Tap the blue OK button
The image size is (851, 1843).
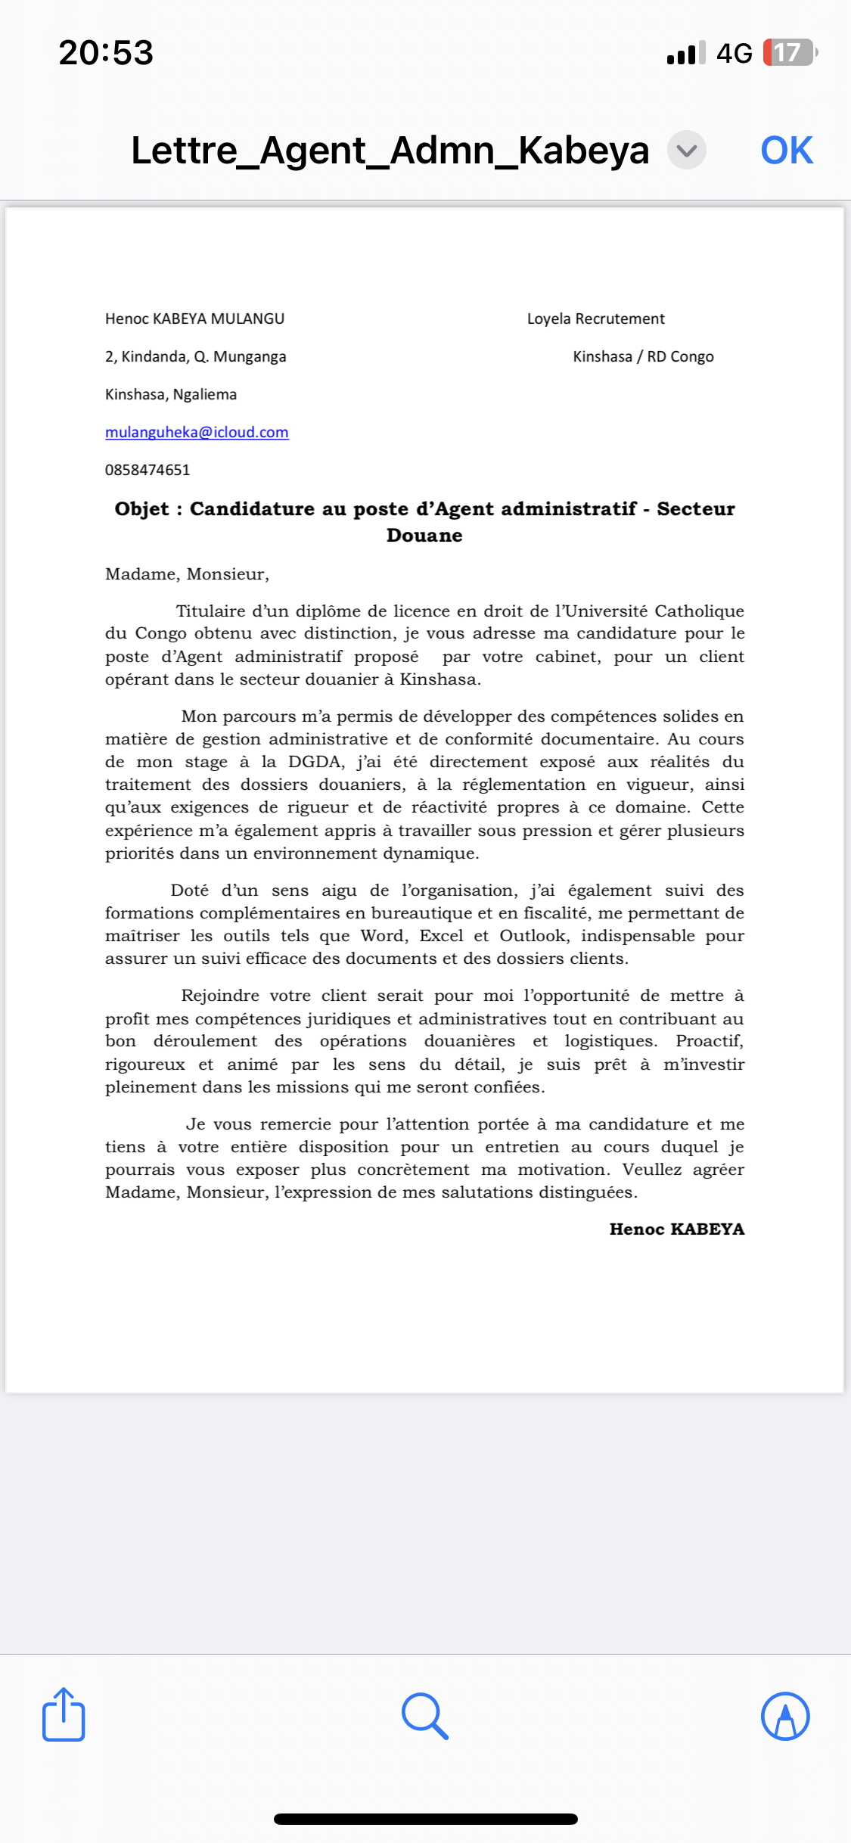[786, 150]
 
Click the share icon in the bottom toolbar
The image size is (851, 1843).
[64, 1715]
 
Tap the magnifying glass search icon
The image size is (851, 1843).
[425, 1715]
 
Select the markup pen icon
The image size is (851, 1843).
[785, 1715]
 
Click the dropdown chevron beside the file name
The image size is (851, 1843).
[686, 150]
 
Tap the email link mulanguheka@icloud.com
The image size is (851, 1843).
[197, 432]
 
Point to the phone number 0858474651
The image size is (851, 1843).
[148, 470]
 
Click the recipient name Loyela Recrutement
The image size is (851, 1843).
[595, 319]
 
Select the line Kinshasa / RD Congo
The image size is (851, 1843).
[643, 356]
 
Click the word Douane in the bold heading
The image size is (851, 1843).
[424, 536]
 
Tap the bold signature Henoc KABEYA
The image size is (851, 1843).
[677, 1229]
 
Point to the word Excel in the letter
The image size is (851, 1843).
[441, 936]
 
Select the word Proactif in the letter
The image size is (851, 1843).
[709, 1041]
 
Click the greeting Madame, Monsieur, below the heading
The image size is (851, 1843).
[187, 574]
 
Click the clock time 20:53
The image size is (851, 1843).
[106, 53]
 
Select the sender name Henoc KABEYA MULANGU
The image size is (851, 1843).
[194, 319]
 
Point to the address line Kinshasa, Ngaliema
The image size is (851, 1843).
[171, 394]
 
